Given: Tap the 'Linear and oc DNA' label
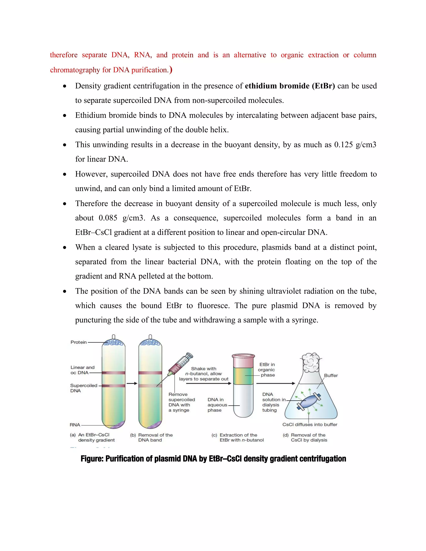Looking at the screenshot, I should click(82, 370).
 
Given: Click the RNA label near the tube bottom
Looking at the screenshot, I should click(75, 425).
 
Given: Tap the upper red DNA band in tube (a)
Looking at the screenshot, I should click(113, 373).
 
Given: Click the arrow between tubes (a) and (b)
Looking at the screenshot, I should click(132, 383).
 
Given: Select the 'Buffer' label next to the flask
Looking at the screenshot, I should click(331, 375).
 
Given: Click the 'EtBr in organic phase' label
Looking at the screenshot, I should click(267, 370).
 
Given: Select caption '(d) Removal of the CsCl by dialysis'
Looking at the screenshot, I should click(305, 437).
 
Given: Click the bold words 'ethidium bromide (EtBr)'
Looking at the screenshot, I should click(290, 86).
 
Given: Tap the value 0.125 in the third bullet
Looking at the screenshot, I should click(343, 145).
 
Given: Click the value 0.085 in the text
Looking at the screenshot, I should click(108, 218).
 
